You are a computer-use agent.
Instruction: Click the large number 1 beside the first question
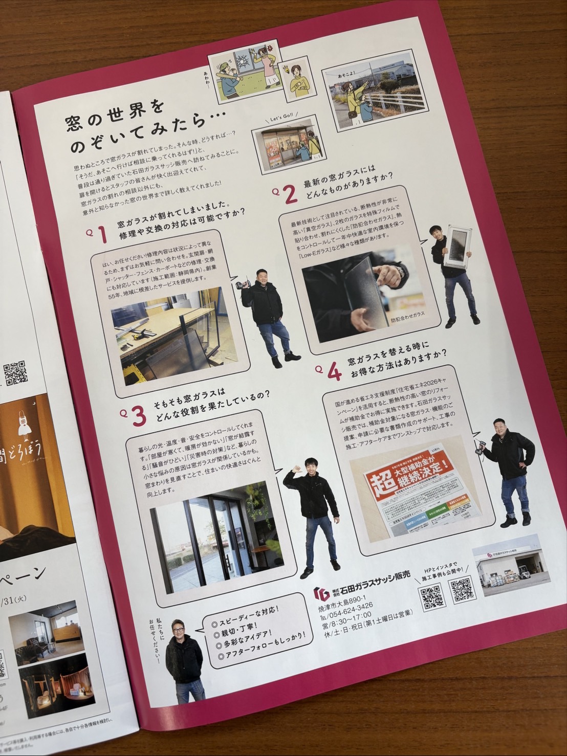coord(102,234)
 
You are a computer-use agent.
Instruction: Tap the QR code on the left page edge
coord(15,373)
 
